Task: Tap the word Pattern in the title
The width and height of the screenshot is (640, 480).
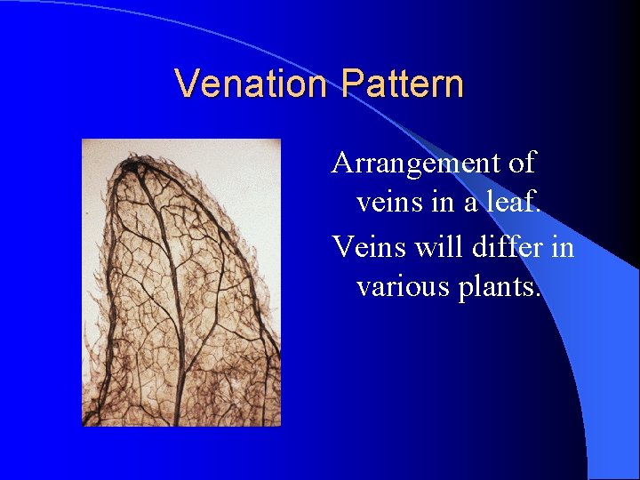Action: (402, 84)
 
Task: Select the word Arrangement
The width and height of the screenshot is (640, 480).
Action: (419, 164)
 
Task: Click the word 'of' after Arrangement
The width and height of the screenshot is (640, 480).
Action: (524, 164)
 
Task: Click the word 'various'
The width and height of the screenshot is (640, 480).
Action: (400, 286)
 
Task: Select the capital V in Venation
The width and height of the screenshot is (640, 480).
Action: (187, 84)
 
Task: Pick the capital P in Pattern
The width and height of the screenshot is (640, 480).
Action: (351, 84)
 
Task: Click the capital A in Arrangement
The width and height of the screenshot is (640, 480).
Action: (342, 164)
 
